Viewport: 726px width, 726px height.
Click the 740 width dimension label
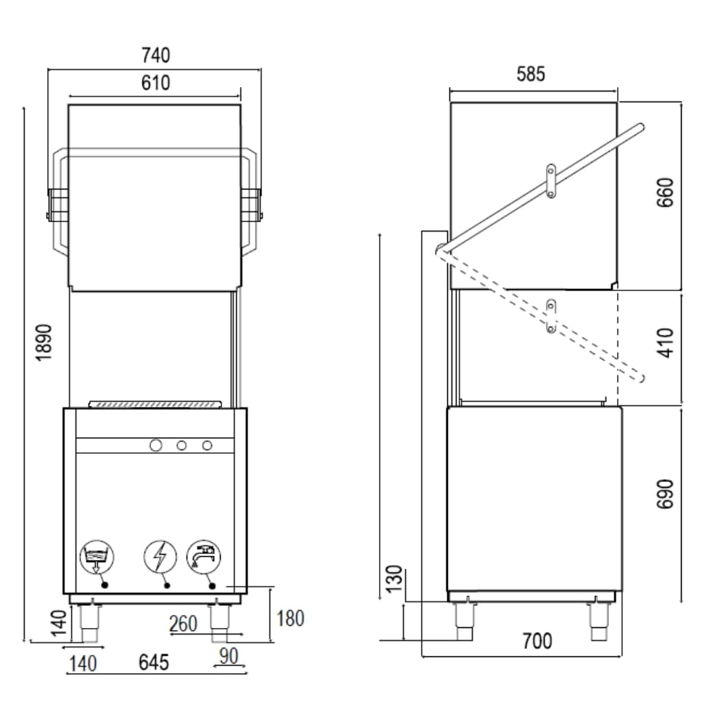coord(156,55)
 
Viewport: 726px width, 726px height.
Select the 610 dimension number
coord(155,83)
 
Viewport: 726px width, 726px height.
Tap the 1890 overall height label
coord(44,343)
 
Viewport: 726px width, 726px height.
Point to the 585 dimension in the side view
coord(531,74)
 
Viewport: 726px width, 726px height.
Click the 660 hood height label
coord(665,192)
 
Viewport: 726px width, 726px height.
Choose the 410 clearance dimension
coord(665,343)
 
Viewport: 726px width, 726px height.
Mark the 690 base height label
coord(665,494)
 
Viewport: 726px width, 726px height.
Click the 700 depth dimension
coord(537,641)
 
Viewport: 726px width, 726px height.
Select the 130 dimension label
coord(394,579)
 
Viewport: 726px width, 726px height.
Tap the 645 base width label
coord(154,663)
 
